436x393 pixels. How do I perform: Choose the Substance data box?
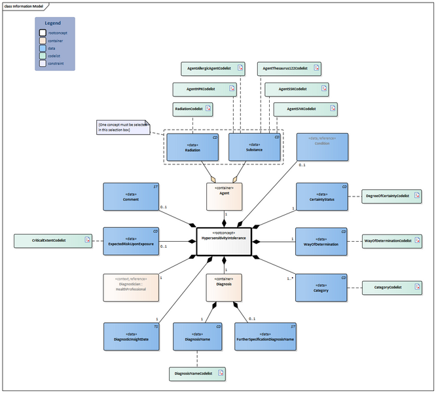coord(254,147)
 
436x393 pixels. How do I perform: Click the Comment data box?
coord(131,197)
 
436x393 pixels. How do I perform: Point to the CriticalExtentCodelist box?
coord(53,241)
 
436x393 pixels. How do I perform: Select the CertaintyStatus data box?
coord(321,197)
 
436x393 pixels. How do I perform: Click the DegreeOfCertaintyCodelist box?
coord(391,196)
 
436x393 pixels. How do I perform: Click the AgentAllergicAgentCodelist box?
coord(213,68)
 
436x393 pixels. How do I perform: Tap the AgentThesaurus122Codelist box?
coord(289,68)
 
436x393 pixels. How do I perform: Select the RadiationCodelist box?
coord(193,109)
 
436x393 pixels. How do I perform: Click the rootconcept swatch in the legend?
coord(43,32)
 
